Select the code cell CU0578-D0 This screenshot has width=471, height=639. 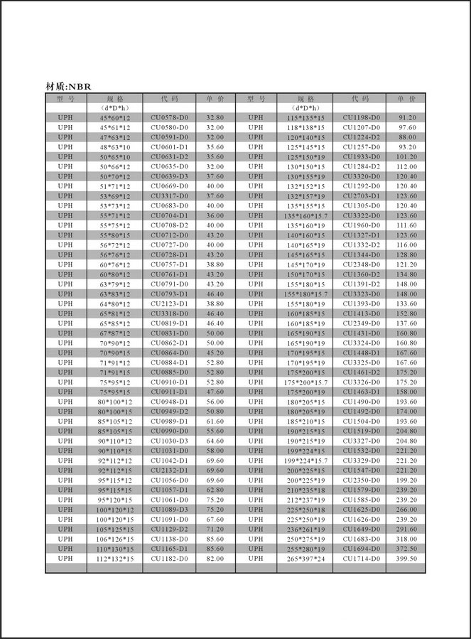tap(169, 117)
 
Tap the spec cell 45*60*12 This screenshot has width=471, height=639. tap(114, 117)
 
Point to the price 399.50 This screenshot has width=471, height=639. tap(407, 559)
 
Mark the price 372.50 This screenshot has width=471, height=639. tap(407, 549)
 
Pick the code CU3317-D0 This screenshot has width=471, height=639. tap(169, 195)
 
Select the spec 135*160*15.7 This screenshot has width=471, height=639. tap(305, 215)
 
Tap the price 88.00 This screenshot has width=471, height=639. tap(407, 136)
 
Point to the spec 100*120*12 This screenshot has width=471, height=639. tap(114, 510)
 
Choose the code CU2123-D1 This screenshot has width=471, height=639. tap(169, 304)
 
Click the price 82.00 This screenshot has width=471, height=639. tap(215, 559)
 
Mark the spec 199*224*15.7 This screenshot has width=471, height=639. tap(305, 461)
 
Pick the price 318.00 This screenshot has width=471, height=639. tap(407, 539)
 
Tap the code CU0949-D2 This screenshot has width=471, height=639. tap(169, 412)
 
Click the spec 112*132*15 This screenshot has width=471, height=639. tap(114, 559)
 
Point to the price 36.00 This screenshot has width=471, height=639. tap(215, 215)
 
